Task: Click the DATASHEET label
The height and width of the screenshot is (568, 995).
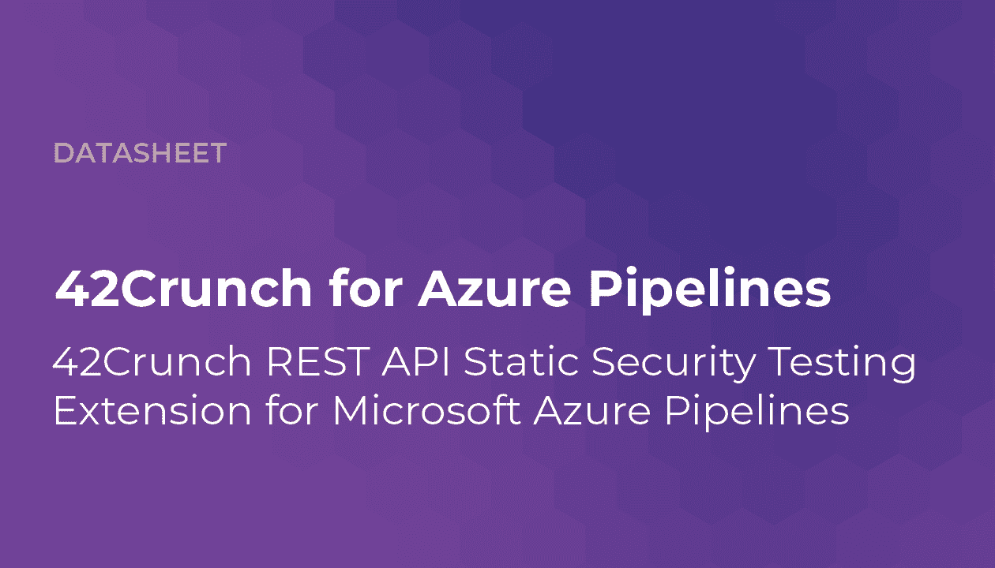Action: pyautogui.click(x=140, y=153)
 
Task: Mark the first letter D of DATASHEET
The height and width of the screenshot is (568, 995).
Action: pyautogui.click(x=63, y=153)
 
